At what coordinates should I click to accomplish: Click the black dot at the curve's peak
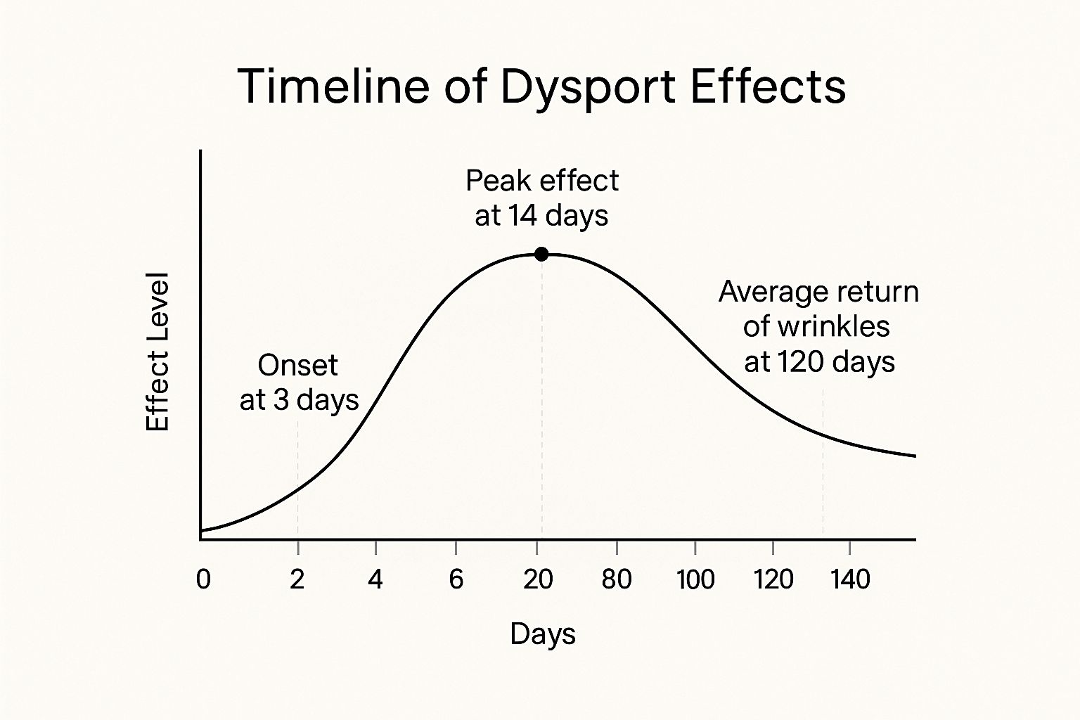click(541, 254)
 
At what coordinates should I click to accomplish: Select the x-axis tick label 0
click(203, 579)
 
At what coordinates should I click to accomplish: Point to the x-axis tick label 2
click(297, 579)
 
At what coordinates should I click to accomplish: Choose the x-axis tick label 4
click(375, 579)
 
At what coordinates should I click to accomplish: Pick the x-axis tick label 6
click(456, 579)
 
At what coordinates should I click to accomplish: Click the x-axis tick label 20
click(538, 579)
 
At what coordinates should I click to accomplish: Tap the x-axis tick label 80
click(617, 579)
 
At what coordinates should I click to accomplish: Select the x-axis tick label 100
click(695, 579)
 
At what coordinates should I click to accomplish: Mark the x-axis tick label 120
click(773, 579)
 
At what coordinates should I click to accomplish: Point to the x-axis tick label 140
click(851, 579)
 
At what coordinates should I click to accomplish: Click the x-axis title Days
click(543, 634)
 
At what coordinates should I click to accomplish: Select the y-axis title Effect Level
click(158, 352)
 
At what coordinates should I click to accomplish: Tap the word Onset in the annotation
click(298, 366)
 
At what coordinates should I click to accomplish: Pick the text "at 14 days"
click(541, 216)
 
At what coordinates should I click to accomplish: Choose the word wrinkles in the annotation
click(837, 327)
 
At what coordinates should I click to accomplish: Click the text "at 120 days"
click(819, 362)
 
